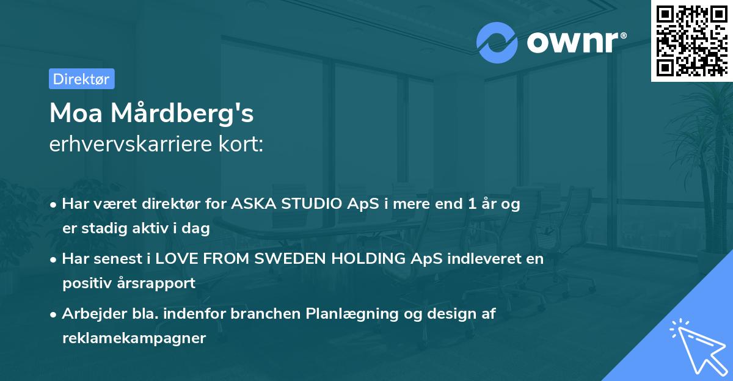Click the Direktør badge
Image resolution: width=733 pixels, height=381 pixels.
(81, 79)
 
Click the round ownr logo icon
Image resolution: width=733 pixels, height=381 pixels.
(497, 43)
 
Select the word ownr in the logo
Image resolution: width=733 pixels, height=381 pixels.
(572, 43)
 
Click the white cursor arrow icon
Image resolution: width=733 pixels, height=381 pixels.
(696, 345)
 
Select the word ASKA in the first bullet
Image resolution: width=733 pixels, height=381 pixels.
(252, 204)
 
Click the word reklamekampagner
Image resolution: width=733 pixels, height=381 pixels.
(134, 338)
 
